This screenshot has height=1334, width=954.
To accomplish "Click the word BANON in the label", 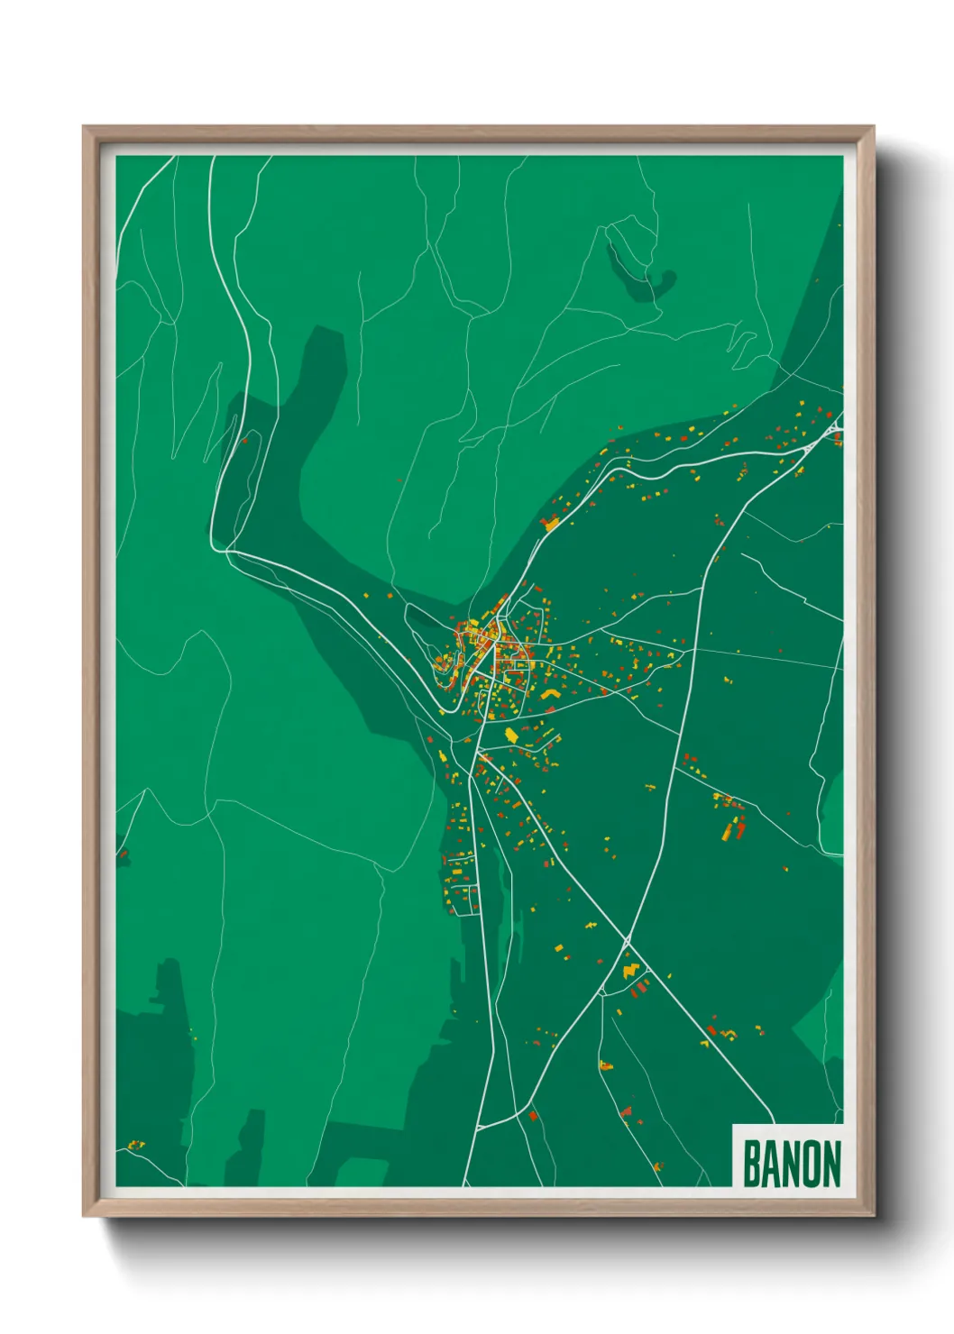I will tap(791, 1164).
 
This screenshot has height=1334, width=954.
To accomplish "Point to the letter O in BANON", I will tap(807, 1164).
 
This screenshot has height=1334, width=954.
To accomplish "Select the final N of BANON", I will tap(830, 1164).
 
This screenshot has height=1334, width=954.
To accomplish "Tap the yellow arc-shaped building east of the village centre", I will tap(550, 693).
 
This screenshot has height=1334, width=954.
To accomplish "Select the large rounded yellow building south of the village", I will tap(511, 736).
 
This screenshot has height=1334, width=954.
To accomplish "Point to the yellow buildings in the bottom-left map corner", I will tap(135, 1146).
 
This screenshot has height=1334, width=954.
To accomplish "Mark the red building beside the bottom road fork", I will tap(533, 1116).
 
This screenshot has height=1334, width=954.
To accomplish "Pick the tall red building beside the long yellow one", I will tap(740, 827).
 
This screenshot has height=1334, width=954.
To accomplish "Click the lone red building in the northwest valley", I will tap(243, 441).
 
